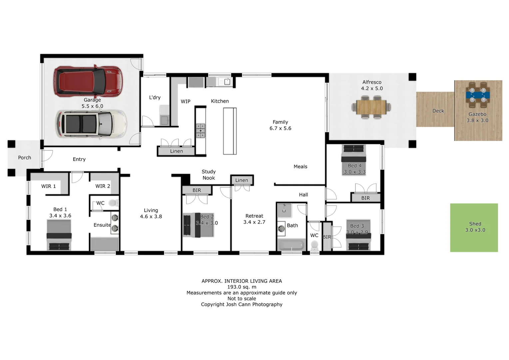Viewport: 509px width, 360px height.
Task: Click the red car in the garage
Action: (x=88, y=81)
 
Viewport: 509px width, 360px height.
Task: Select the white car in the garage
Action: (x=91, y=124)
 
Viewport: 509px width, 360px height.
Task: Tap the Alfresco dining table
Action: (x=371, y=107)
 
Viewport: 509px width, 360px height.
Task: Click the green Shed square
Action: (x=474, y=228)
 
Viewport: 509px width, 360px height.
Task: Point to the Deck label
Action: (x=438, y=111)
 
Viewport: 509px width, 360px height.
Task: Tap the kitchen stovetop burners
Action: (x=200, y=130)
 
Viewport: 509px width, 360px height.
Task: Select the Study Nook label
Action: (x=209, y=175)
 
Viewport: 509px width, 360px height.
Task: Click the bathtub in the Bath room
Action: (x=291, y=245)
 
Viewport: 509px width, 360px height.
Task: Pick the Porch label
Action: (x=25, y=158)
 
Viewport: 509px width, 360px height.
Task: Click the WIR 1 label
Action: (x=49, y=186)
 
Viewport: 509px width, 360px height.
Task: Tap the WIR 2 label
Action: (x=103, y=186)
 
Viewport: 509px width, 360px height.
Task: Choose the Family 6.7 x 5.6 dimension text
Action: (x=280, y=128)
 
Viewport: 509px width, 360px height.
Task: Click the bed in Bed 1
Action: (x=59, y=235)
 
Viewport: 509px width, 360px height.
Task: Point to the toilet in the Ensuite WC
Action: (x=113, y=203)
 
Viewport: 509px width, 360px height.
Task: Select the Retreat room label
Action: (x=254, y=216)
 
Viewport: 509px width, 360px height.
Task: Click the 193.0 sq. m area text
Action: (x=242, y=287)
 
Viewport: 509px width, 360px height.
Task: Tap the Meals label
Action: (x=300, y=167)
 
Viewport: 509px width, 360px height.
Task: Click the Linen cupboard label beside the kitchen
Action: (x=176, y=151)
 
